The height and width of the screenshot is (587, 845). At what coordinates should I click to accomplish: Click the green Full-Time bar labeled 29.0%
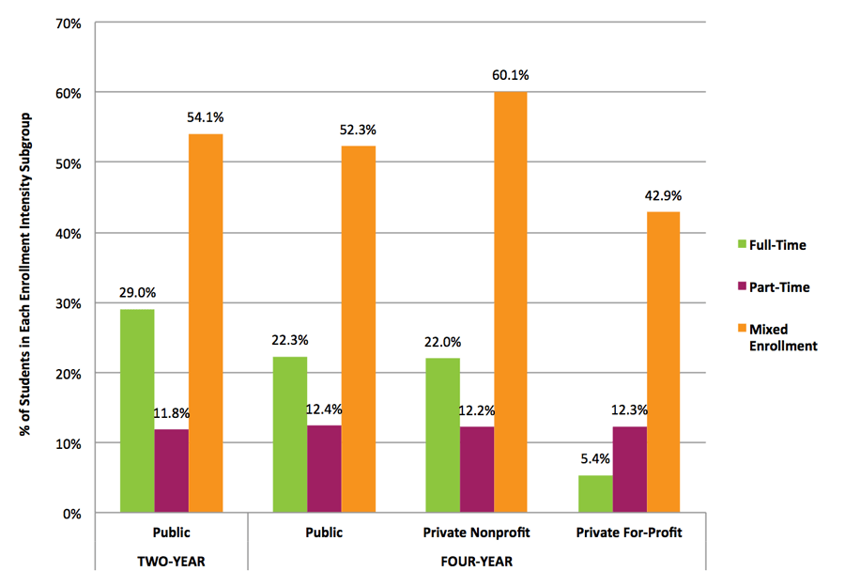point(137,410)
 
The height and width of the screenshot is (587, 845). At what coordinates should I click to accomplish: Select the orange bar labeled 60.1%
point(511,301)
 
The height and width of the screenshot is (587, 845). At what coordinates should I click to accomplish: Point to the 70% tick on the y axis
point(69,23)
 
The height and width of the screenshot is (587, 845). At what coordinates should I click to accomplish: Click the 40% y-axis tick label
point(69,233)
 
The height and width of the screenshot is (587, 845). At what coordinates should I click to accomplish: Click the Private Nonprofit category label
point(477,533)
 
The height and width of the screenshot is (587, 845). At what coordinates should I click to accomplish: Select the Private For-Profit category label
point(630,533)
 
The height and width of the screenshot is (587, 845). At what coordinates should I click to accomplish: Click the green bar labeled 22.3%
point(289,434)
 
